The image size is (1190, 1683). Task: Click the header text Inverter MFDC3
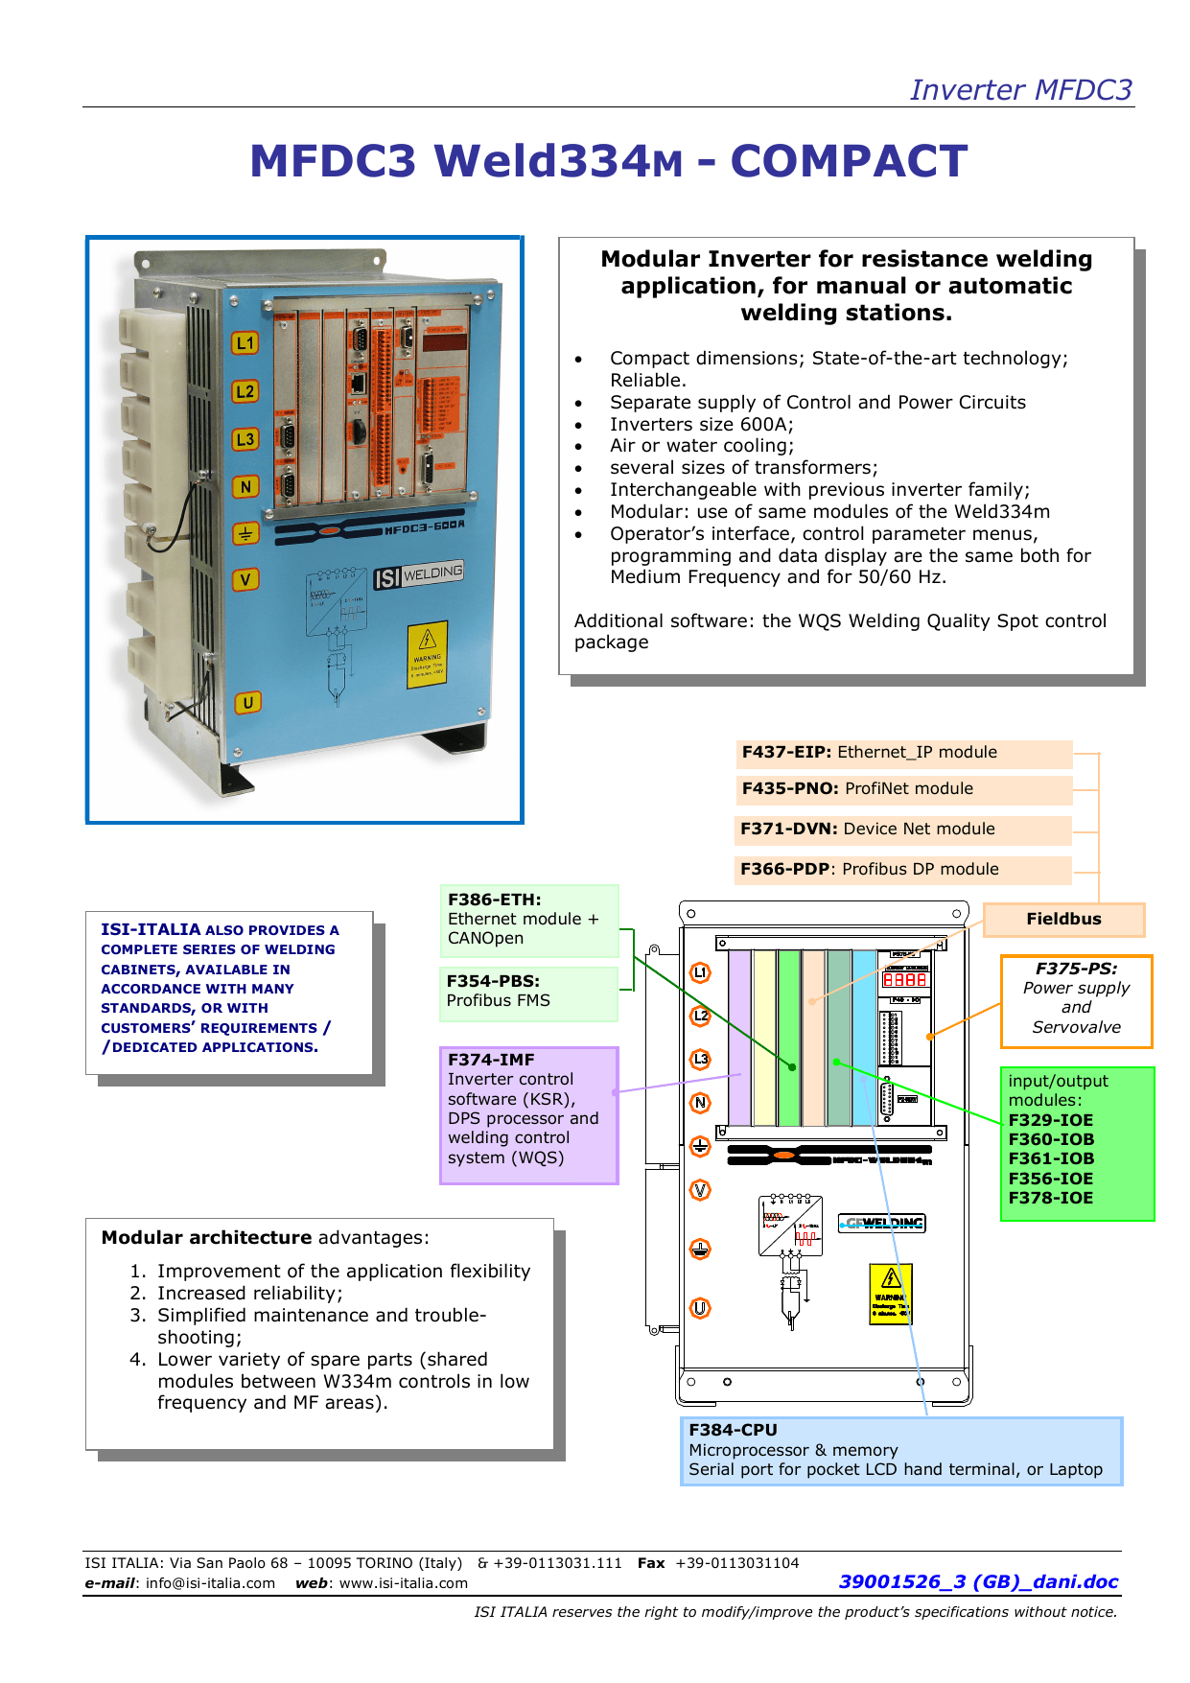click(1020, 89)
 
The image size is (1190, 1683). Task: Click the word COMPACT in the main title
click(849, 161)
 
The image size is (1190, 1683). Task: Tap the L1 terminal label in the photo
click(245, 342)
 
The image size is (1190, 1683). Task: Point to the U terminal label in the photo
click(247, 702)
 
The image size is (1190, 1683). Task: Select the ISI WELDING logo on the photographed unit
click(418, 575)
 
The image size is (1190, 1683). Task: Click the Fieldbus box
click(1063, 919)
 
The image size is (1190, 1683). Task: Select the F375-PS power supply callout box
click(1076, 998)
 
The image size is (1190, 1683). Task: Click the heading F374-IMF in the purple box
click(491, 1060)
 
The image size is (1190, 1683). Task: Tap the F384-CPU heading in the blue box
click(733, 1430)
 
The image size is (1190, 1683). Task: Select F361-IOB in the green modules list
click(1051, 1158)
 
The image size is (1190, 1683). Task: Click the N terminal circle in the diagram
click(701, 1103)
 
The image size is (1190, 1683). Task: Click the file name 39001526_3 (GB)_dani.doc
click(978, 1581)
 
